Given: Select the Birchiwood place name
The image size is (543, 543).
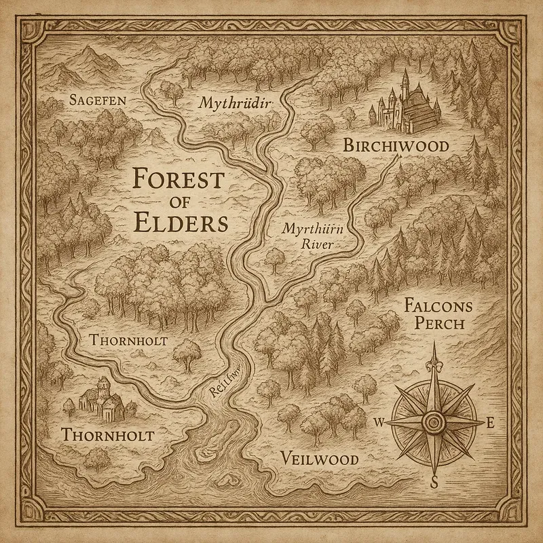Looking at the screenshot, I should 386,146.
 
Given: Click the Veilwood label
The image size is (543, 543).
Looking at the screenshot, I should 319,459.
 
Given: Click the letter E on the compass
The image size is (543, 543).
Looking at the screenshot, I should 489,423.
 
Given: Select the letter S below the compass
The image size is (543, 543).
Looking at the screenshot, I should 434,482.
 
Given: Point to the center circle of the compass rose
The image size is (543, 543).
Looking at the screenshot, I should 434,423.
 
